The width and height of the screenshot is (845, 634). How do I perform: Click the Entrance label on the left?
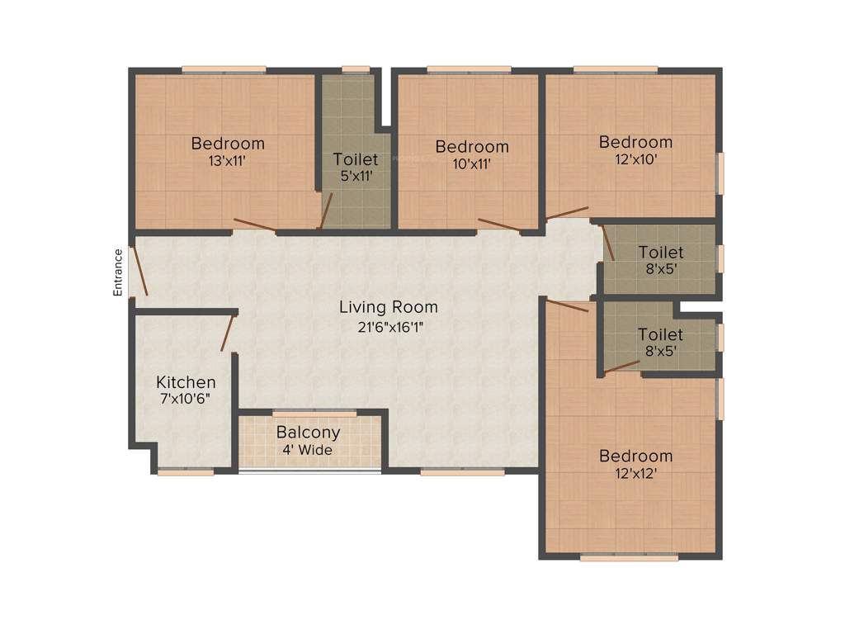point(118,272)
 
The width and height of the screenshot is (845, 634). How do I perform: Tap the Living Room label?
point(389,307)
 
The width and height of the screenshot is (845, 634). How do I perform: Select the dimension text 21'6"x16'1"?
point(389,326)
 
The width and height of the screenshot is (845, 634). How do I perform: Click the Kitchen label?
point(186,382)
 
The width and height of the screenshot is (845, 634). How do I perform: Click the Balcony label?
point(308,433)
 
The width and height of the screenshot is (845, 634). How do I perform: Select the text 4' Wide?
point(308,450)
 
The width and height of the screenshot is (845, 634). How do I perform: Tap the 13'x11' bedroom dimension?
point(228,162)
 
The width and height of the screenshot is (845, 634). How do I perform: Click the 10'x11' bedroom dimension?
point(472,164)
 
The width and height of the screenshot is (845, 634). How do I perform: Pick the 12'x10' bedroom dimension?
point(635,160)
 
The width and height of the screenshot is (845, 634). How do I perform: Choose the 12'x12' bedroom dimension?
point(635,475)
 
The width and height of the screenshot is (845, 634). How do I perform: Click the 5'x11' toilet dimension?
point(356,177)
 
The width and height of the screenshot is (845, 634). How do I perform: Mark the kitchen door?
point(228,333)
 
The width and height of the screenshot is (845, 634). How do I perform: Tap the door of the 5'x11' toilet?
point(326,211)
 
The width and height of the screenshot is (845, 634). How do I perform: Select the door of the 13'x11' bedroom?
point(254,224)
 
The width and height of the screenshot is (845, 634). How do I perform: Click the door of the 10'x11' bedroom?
point(498,225)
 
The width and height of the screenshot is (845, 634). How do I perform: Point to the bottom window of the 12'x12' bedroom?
point(629,559)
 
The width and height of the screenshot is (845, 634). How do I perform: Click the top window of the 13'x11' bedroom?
point(224,69)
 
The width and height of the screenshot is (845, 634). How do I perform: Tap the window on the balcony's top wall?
point(314,412)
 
